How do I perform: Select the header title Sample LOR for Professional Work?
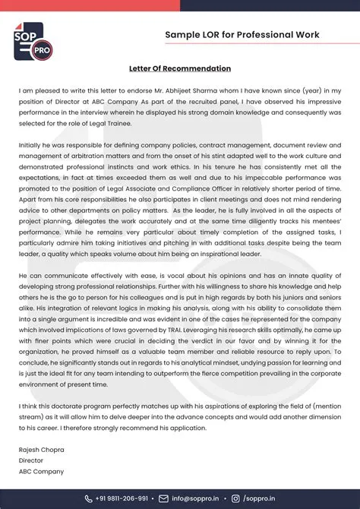[x=242, y=35]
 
